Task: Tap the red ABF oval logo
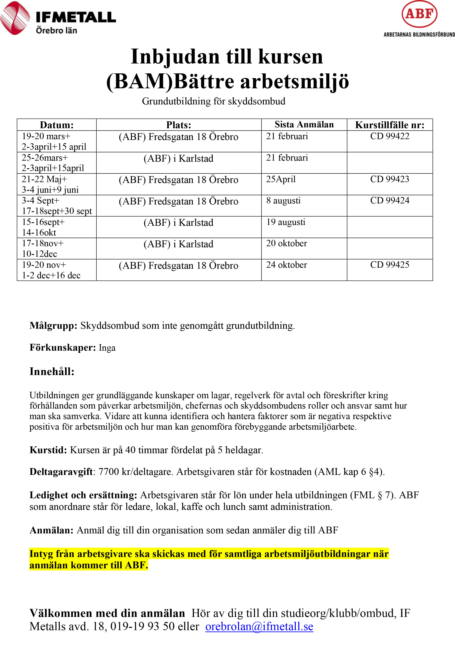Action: click(x=419, y=14)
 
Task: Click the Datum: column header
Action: click(x=57, y=125)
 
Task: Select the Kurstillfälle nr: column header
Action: click(x=390, y=125)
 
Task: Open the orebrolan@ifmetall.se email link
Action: click(x=259, y=626)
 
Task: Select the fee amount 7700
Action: click(x=108, y=472)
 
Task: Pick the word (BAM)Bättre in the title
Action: click(x=170, y=81)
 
